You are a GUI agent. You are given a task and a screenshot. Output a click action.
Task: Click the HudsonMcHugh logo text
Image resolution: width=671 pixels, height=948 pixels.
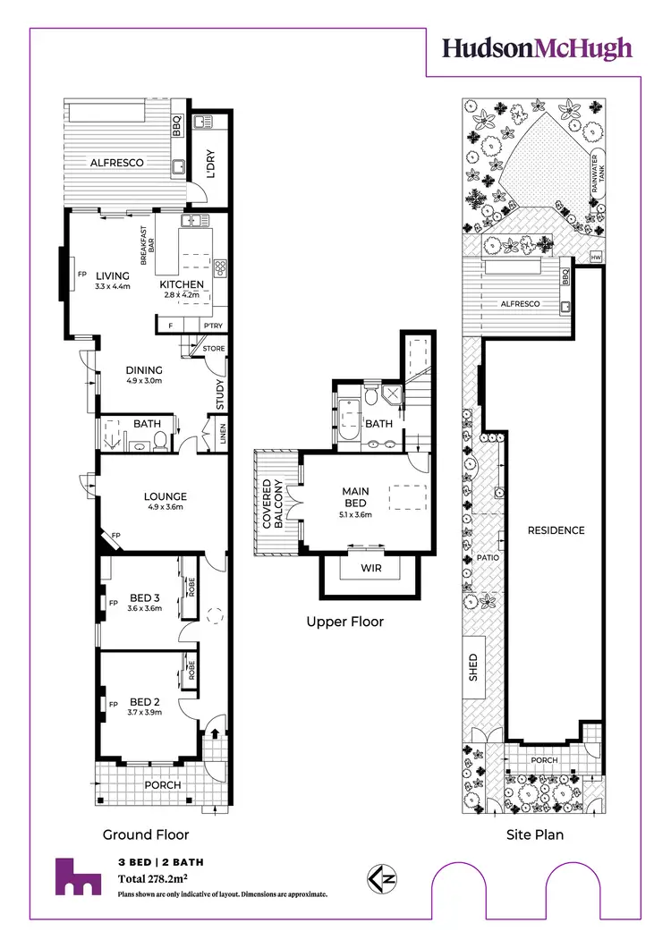coord(538,49)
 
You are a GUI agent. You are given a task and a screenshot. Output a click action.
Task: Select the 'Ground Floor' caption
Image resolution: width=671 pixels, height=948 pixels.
coord(147,834)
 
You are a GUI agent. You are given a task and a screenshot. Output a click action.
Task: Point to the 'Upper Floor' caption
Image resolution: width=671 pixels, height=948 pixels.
coord(344,621)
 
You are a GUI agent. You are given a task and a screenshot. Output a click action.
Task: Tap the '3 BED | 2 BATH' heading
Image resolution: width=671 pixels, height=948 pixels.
coord(158,862)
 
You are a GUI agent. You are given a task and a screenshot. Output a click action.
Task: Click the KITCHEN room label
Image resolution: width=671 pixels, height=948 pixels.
coord(182,284)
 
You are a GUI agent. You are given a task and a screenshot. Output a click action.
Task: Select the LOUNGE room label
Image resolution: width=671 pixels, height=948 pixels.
coord(166,496)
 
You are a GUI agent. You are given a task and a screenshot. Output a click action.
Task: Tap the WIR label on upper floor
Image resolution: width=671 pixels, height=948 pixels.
coord(369,568)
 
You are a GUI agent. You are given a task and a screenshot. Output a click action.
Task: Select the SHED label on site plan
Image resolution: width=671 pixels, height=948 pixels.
coord(474,666)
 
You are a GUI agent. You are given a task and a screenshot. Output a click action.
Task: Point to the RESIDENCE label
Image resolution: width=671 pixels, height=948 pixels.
coord(556,530)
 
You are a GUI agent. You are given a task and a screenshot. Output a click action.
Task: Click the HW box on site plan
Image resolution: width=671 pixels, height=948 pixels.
coord(596,258)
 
